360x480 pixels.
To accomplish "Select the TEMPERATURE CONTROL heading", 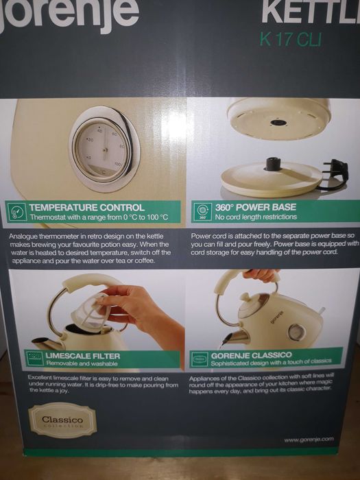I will click(86, 207).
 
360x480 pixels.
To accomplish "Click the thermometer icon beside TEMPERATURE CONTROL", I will click(16, 212).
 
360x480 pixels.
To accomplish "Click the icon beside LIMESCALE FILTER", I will click(34, 358).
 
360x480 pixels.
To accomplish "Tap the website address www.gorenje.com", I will click(309, 439).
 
